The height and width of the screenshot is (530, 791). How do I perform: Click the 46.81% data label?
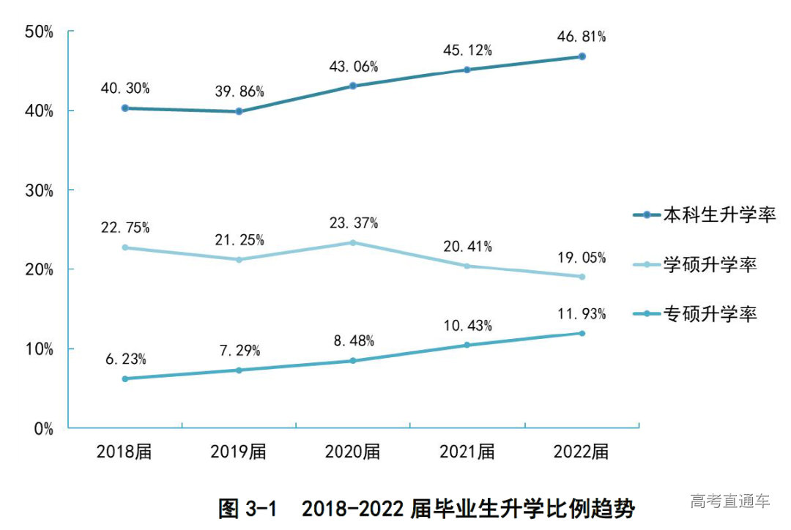(581, 37)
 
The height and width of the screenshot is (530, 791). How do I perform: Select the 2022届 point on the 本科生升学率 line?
(582, 56)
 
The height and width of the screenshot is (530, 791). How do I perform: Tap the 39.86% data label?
(239, 92)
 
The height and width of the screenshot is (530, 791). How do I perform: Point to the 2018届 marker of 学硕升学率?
(125, 247)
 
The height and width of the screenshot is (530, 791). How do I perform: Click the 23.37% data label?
(353, 223)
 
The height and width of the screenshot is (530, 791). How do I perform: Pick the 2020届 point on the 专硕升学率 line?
(353, 360)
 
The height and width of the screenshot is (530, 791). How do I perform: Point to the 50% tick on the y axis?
(39, 31)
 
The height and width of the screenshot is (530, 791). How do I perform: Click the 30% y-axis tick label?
(39, 190)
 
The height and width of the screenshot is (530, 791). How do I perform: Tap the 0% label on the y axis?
(43, 429)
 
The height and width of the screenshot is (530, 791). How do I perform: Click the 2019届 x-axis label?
(239, 452)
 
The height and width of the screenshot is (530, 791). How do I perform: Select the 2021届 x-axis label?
(467, 452)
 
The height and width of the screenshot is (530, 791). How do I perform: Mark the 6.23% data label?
(125, 359)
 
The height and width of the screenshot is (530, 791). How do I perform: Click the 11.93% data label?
(581, 314)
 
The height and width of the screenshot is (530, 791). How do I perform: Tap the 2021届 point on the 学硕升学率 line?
(467, 266)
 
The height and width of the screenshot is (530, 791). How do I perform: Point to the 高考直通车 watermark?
(729, 501)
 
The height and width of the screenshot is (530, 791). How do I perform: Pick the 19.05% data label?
(581, 257)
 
